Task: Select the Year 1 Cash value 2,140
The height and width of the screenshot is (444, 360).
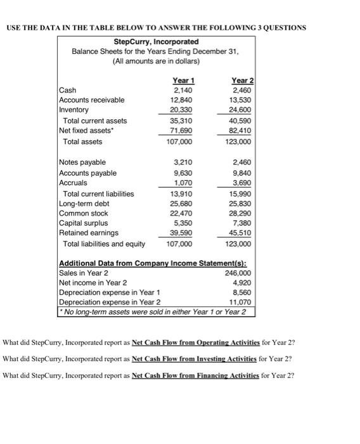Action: tap(184, 90)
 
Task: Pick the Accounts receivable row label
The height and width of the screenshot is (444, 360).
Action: tap(91, 100)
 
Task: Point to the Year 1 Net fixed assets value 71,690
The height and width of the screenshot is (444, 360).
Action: tap(183, 130)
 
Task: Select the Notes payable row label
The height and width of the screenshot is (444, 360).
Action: tap(82, 162)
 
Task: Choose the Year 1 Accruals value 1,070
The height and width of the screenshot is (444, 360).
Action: tap(184, 183)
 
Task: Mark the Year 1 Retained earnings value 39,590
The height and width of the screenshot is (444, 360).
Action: tap(183, 233)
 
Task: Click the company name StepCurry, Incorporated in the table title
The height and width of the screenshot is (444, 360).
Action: tap(154, 41)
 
